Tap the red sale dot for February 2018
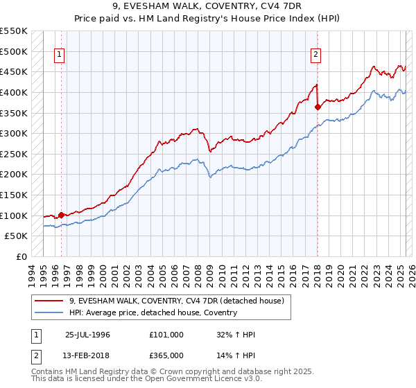pos(318,107)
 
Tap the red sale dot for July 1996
pos(62,215)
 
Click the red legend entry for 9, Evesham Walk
pos(177,301)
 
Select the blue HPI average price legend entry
pos(153,312)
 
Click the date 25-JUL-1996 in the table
pos(87,335)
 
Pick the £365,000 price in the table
pos(166,355)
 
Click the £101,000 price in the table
pos(166,335)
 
